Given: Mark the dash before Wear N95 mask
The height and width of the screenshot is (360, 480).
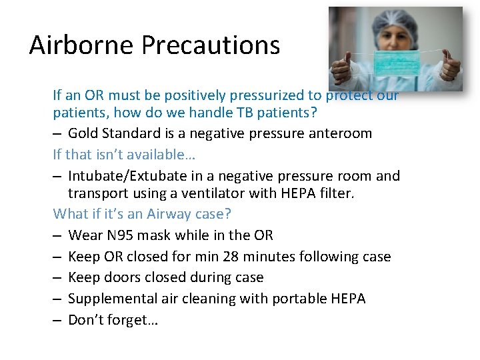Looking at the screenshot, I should coord(57,235).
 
